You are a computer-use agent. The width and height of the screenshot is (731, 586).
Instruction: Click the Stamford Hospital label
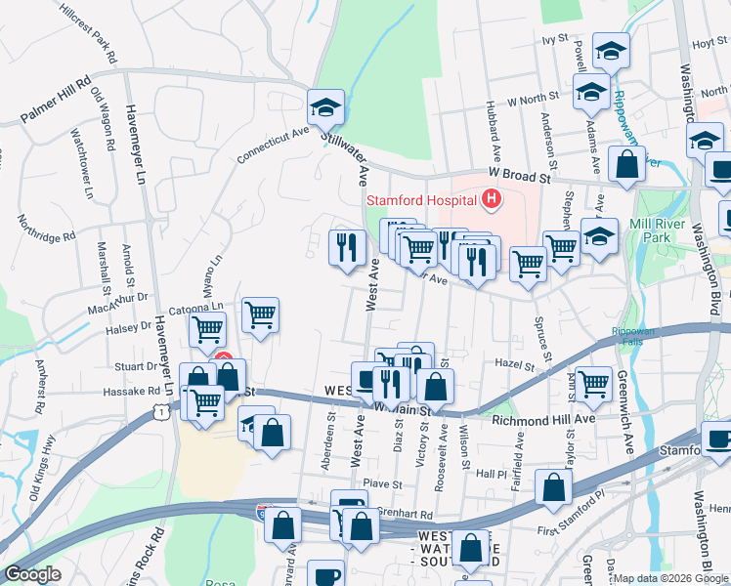click(x=421, y=202)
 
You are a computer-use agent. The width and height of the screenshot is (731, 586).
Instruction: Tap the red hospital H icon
click(x=491, y=202)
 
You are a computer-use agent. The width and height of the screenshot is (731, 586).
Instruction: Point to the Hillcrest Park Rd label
click(x=88, y=31)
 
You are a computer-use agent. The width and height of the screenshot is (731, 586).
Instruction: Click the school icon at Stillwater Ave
click(x=326, y=107)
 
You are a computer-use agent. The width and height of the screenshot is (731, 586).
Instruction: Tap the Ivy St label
click(x=554, y=39)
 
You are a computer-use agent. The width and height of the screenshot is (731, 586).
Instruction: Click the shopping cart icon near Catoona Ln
click(x=260, y=315)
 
